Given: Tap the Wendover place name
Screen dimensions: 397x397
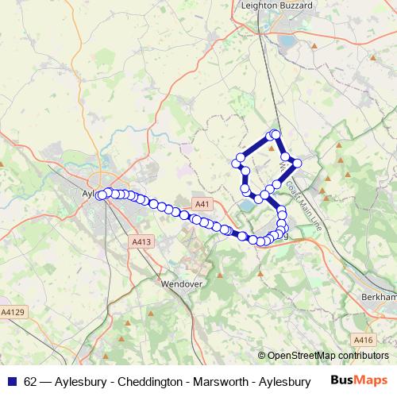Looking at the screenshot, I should click(x=183, y=283).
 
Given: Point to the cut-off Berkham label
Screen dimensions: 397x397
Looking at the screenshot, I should click(x=378, y=296).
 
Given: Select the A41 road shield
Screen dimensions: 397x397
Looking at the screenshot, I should click(x=202, y=204).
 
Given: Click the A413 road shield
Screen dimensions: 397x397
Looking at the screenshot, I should click(x=141, y=241).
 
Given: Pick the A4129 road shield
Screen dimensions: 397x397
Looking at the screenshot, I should click(x=12, y=312).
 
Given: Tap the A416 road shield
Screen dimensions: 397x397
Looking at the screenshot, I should click(x=363, y=340).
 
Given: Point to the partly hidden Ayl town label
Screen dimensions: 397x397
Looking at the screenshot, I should click(x=89, y=192).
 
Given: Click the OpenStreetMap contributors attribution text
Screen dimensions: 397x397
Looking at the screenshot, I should click(x=328, y=356).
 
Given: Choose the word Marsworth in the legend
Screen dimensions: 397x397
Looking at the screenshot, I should click(x=219, y=382).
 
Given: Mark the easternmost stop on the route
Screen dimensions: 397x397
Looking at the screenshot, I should click(x=298, y=163).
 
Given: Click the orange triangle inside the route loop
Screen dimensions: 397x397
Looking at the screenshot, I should click(x=272, y=148).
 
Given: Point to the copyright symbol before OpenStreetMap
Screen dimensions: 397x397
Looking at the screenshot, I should click(x=262, y=356).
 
